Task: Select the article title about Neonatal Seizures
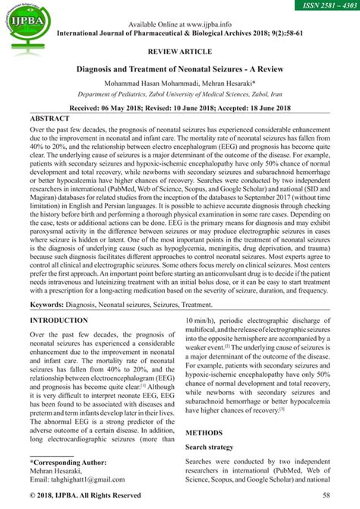click(180, 69)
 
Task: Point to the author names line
click(180, 84)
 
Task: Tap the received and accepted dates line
click(180, 109)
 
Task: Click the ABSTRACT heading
click(55, 120)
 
